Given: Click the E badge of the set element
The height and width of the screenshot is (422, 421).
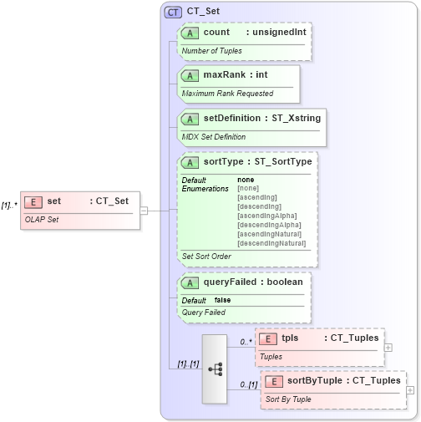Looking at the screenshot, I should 33,201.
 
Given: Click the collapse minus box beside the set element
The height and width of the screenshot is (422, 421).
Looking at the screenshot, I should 144,210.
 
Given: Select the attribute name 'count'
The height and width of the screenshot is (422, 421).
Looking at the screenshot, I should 216,33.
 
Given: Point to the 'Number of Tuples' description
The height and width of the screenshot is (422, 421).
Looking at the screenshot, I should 212,51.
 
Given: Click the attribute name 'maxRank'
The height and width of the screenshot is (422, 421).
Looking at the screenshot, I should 224,75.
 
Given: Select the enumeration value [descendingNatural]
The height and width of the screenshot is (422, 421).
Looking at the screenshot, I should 271,243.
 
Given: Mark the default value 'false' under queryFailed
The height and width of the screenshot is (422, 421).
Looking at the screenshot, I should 223,300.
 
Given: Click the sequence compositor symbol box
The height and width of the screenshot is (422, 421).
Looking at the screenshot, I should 214,358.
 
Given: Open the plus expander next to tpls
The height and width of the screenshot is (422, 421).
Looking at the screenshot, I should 388,347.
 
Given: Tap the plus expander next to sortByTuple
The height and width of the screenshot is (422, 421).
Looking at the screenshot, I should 409,389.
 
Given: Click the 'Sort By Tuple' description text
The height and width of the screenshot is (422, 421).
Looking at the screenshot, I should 290,399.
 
